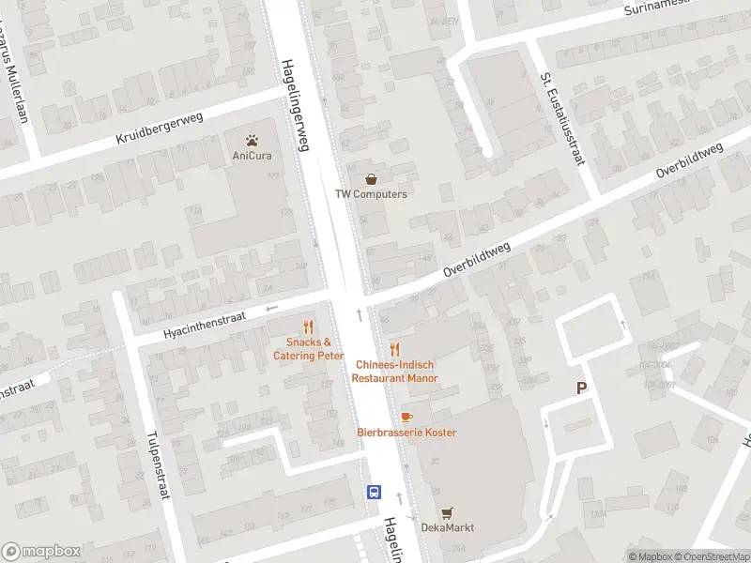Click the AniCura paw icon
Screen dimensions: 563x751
pos(252,140)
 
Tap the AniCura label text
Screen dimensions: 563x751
pos(252,156)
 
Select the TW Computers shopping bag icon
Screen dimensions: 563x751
pos(372,178)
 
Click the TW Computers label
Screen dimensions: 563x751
pos(372,194)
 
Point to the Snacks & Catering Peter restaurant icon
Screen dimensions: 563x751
pos(307,327)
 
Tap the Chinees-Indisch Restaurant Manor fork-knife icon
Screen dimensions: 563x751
pos(394,348)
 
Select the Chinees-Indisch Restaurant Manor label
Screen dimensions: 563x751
pos(394,371)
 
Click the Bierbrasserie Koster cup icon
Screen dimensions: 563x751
pos(406,416)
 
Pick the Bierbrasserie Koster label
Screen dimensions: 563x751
pos(406,432)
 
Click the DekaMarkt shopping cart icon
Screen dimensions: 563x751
pos(447,511)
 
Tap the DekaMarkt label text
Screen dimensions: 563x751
pos(447,527)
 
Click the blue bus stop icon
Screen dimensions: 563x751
pos(374,492)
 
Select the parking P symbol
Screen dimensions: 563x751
pos(581,388)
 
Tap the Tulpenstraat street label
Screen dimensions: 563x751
pos(156,464)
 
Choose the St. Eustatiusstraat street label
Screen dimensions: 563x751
pos(561,119)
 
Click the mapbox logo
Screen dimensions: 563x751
pos(41,552)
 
